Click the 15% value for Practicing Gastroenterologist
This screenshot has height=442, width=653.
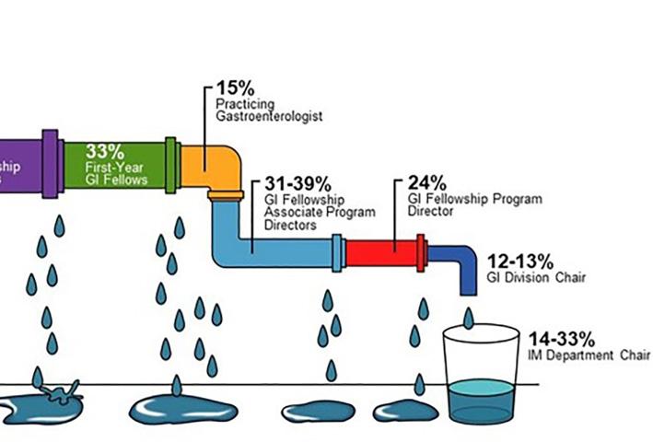pos(235,87)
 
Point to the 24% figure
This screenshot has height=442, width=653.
pos(426,181)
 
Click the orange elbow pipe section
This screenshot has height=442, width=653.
pos(214,166)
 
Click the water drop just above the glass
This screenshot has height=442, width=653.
pos(469,319)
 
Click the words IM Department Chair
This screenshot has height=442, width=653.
pos(589,355)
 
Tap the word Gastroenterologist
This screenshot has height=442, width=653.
pos(268,117)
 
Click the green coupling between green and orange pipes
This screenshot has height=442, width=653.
pos(170,164)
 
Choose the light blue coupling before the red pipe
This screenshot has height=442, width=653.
pos(337,252)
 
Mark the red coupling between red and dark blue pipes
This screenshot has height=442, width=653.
pos(422,252)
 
